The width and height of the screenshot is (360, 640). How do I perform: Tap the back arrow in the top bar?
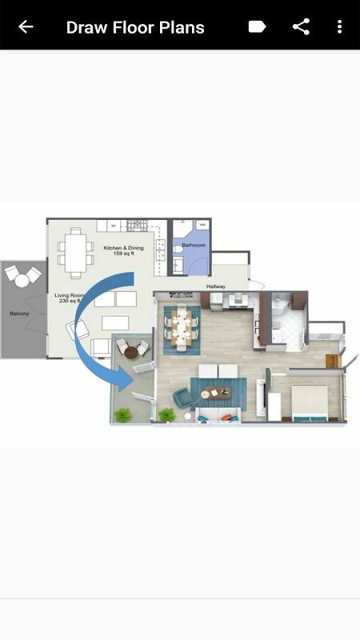click(26, 27)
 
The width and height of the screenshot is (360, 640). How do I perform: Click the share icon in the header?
click(301, 27)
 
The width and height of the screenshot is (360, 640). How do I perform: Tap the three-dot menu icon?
click(339, 27)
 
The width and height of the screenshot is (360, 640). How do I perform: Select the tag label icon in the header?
click(257, 27)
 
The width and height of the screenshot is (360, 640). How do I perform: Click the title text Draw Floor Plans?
click(135, 27)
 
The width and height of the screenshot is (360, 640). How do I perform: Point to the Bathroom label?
click(194, 246)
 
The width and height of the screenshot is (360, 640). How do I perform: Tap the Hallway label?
click(215, 286)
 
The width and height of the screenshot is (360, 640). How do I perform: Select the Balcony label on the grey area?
click(19, 314)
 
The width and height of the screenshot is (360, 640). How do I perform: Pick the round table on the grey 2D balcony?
click(22, 281)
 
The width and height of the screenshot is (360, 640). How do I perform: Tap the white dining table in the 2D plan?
click(75, 253)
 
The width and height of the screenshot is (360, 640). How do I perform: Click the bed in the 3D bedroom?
click(310, 403)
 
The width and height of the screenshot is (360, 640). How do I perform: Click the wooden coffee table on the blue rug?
click(217, 393)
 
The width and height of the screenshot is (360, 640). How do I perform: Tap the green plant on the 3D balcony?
click(123, 414)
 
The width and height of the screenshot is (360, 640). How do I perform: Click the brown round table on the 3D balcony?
click(131, 352)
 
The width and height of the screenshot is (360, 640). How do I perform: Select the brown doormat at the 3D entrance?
click(333, 362)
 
